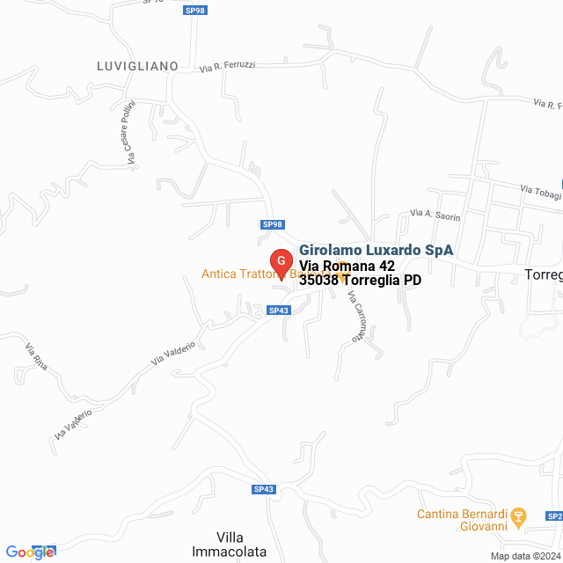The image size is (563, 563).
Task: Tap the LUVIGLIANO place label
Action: (137, 66)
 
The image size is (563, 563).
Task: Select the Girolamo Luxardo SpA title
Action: (376, 250)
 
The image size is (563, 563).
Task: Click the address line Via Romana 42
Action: (347, 266)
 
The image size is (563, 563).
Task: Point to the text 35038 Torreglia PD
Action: (360, 281)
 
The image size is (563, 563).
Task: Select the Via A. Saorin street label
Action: (435, 215)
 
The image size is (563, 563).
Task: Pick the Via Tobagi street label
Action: (539, 191)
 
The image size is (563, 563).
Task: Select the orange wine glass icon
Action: (518, 515)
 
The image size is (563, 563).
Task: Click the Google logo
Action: (30, 552)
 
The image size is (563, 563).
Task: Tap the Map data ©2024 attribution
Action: (524, 556)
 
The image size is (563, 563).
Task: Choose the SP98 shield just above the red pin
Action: (273, 224)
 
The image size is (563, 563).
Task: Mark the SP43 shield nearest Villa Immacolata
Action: (264, 489)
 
